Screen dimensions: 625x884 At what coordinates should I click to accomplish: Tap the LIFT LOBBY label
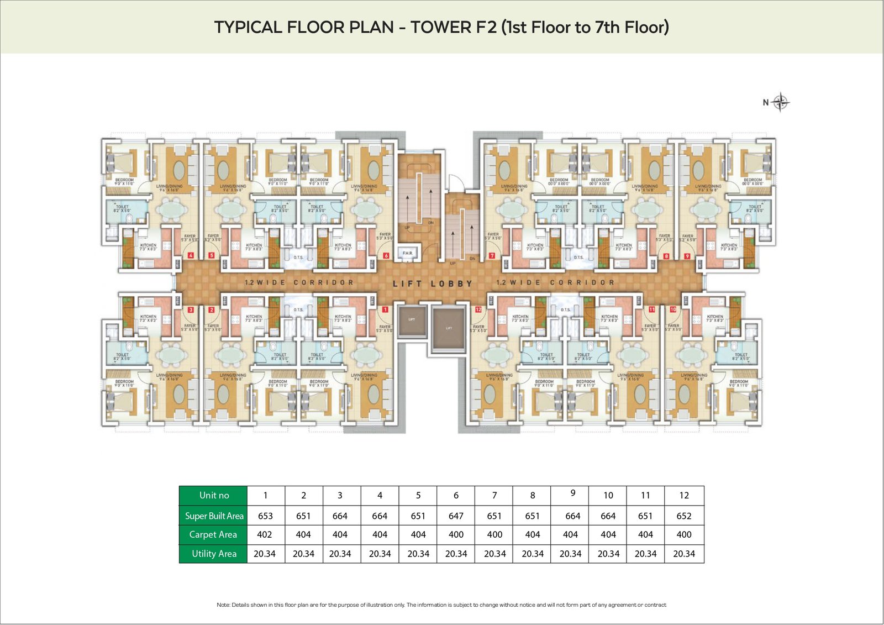pos(433,283)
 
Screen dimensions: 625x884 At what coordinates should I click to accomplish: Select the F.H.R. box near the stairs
pos(408,253)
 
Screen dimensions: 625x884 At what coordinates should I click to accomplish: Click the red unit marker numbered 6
pos(386,256)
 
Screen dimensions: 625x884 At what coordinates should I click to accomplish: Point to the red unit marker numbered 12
pos(478,309)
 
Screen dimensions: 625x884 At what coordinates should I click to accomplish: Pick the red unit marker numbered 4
pos(191,255)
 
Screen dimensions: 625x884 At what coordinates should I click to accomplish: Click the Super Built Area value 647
pos(456,516)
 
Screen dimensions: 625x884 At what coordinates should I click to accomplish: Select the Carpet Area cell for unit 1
pos(265,534)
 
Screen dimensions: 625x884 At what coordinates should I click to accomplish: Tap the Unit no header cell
pos(214,495)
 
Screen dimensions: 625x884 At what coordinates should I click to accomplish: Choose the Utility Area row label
pos(214,554)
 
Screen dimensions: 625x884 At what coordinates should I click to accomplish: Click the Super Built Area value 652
pos(683,516)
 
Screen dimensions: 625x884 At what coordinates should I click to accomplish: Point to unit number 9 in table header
pos(572,493)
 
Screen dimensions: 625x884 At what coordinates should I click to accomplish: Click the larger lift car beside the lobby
pos(449,329)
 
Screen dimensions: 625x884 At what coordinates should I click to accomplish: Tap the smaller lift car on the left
pos(412,321)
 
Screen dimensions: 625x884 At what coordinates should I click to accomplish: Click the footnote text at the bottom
pos(441,605)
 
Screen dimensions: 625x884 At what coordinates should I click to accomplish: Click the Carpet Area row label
pos(213,534)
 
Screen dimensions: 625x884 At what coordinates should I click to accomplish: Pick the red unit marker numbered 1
pos(385,309)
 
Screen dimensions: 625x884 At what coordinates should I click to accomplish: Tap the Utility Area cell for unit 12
pos(683,554)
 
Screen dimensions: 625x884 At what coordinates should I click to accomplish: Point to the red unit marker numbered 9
pos(687,256)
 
